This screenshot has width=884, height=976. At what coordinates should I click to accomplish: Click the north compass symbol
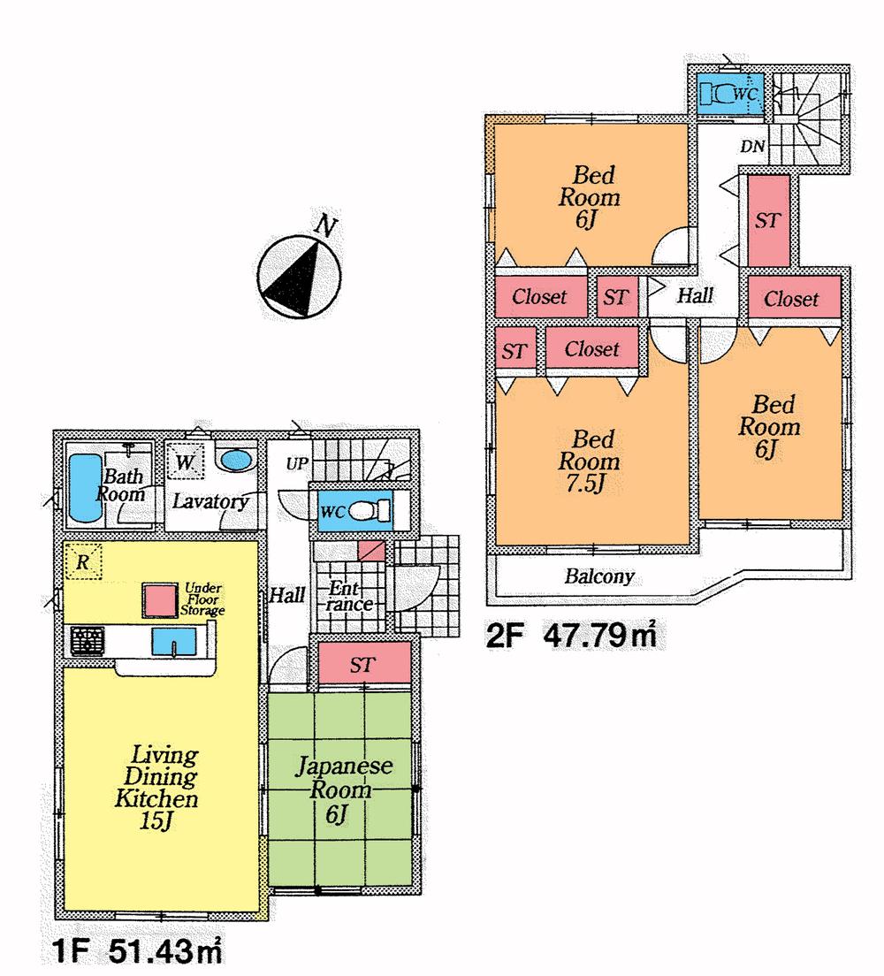pyautogui.click(x=296, y=277)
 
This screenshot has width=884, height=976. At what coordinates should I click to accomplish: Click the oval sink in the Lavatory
pyautogui.click(x=236, y=461)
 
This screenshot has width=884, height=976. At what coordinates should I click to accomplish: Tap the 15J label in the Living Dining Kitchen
pyautogui.click(x=155, y=821)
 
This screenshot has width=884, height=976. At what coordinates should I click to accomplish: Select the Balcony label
pyautogui.click(x=599, y=577)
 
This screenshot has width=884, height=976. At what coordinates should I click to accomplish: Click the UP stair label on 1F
pyautogui.click(x=294, y=463)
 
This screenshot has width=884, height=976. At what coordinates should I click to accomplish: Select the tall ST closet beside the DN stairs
pyautogui.click(x=767, y=220)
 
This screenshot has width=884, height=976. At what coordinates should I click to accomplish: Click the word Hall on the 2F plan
pyautogui.click(x=695, y=297)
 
